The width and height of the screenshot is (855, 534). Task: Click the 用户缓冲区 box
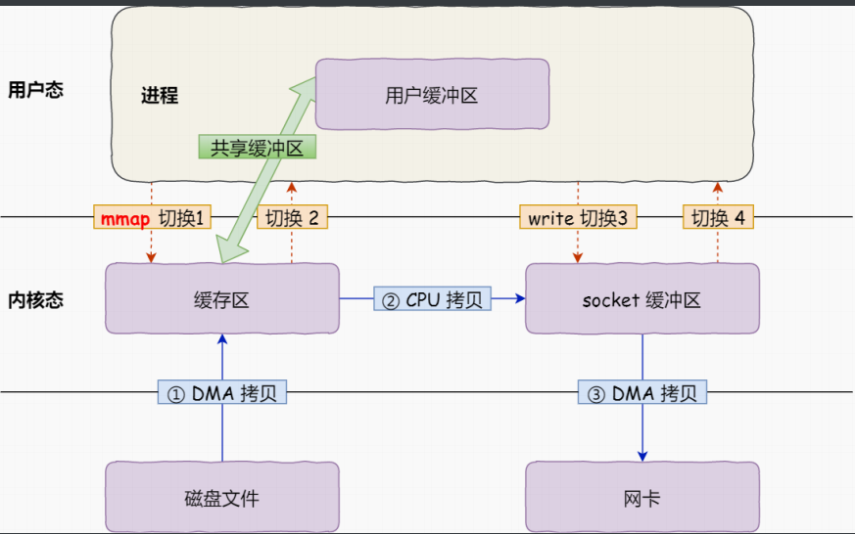tap(431, 95)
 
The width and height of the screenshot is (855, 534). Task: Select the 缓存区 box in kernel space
tap(221, 299)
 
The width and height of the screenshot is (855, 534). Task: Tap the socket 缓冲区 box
tap(642, 299)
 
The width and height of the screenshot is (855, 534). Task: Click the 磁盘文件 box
tap(221, 498)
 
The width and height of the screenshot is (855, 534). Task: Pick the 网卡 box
tap(642, 498)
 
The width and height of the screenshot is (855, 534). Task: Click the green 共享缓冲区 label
tap(258, 148)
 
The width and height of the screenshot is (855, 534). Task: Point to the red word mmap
tap(123, 218)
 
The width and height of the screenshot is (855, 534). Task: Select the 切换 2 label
tap(293, 218)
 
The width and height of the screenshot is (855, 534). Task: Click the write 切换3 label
tap(578, 218)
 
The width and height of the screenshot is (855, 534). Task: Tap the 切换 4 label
tap(718, 218)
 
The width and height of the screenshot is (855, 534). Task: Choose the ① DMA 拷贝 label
tap(222, 393)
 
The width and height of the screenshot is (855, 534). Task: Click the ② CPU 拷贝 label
tap(433, 299)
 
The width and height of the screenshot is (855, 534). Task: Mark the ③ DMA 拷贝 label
tap(643, 393)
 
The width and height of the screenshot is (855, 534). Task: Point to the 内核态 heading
tap(35, 300)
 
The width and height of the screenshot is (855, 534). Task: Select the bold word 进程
tap(160, 96)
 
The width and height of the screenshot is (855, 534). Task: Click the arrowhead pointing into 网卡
tap(643, 455)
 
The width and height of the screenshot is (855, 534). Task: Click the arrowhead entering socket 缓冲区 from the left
tap(519, 299)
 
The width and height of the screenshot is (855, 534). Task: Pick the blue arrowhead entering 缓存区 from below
tap(222, 339)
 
